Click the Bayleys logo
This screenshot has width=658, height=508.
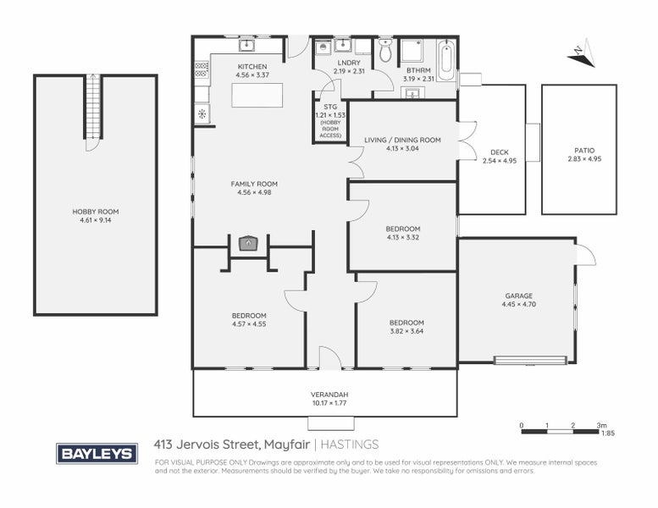97,453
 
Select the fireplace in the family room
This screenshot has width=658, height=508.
247,245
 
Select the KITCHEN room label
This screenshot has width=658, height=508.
252,66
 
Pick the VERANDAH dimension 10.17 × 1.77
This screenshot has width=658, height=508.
330,403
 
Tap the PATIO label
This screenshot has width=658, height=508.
579,151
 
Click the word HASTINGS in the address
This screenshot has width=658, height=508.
350,444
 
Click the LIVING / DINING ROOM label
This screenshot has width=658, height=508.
402,141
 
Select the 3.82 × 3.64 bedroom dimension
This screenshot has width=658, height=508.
406,331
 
